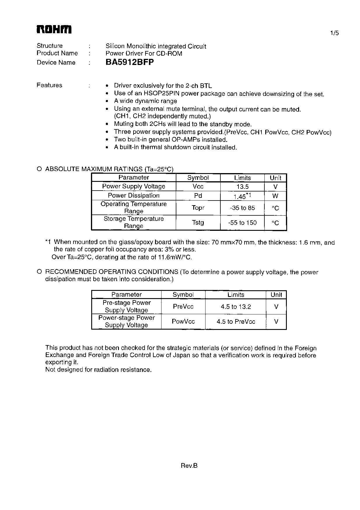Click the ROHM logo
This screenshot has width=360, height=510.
(54, 30)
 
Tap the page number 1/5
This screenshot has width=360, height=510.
(334, 33)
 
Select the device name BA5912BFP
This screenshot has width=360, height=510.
(129, 62)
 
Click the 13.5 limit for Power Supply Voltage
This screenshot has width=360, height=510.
(242, 187)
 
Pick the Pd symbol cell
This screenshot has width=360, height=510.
(198, 196)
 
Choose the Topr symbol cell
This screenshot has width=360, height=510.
(198, 208)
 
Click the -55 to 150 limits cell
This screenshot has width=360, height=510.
(242, 223)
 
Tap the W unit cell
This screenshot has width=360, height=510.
(275, 196)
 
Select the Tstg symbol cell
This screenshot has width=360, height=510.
(198, 223)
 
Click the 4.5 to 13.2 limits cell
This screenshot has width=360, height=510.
(236, 307)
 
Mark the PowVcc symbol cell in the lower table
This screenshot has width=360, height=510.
(183, 321)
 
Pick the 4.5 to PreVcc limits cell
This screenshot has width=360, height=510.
(236, 321)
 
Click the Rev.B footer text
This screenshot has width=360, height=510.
(189, 466)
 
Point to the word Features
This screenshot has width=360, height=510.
(49, 85)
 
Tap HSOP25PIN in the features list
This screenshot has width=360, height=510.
(156, 94)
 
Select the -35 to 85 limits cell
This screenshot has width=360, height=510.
(242, 208)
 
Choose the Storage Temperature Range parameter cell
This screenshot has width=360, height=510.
(134, 222)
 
